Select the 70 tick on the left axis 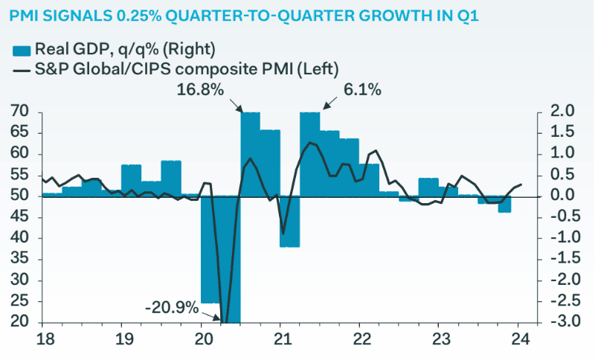(20, 112)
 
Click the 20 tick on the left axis (20, 324)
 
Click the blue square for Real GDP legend (21, 50)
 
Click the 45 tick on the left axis (20, 218)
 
